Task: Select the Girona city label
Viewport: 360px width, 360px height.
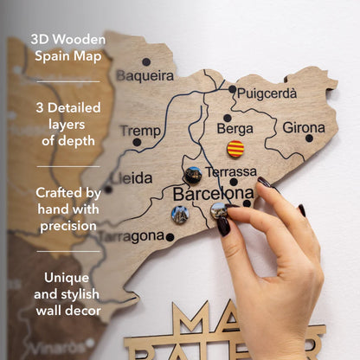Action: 304,127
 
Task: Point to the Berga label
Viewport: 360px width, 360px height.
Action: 235,128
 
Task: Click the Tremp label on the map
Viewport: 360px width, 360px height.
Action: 139,130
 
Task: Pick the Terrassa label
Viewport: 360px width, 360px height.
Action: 231,171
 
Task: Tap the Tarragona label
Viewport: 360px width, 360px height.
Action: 132,235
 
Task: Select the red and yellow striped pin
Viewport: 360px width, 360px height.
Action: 235,148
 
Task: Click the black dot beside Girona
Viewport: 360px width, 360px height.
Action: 309,138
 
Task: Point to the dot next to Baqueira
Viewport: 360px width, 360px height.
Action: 145,61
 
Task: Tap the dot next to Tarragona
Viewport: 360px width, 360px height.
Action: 170,236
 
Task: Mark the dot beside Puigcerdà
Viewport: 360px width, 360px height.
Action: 232,88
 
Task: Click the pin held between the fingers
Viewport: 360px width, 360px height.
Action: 219,210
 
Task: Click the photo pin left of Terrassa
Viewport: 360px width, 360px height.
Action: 193,174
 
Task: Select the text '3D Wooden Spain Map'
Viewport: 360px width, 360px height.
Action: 67,48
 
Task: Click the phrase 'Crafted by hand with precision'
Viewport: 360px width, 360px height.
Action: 67,209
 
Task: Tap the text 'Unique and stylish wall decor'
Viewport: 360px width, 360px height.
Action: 67,294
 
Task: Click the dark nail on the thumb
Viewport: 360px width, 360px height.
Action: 223,226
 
